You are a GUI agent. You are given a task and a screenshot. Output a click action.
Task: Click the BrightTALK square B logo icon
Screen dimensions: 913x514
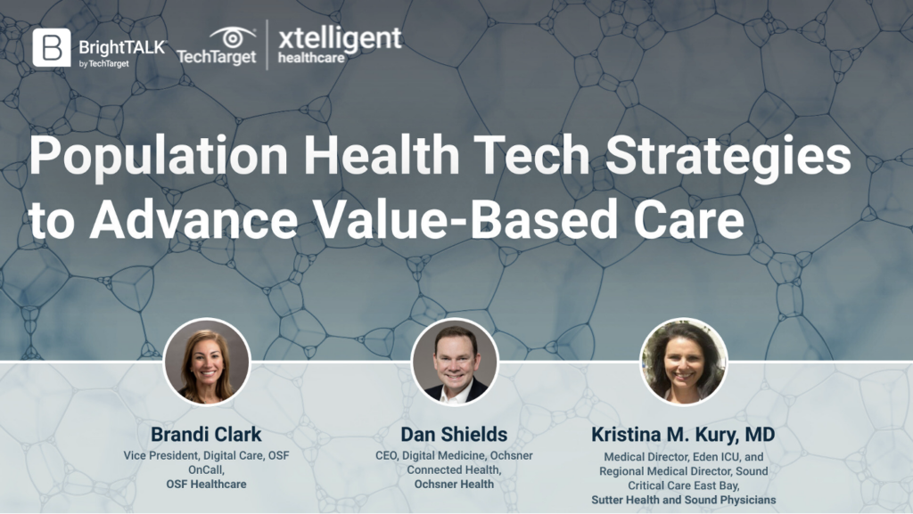click(51, 47)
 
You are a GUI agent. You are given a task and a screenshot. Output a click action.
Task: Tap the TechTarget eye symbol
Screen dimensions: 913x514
click(233, 37)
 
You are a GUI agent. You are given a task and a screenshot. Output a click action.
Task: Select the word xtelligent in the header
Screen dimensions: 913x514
click(340, 38)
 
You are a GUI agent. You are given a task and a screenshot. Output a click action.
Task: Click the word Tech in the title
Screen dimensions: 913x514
click(531, 155)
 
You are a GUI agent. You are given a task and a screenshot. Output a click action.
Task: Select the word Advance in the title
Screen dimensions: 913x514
click(193, 218)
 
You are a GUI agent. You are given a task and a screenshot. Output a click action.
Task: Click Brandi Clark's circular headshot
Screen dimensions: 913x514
click(207, 362)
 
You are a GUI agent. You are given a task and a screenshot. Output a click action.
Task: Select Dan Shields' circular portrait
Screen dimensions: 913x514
click(455, 362)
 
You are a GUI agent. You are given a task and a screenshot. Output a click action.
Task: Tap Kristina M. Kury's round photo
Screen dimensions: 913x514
click(683, 362)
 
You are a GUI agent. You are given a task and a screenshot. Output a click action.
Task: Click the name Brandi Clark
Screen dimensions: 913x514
click(206, 435)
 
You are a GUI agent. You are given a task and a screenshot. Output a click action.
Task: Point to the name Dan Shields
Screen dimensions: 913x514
click(454, 435)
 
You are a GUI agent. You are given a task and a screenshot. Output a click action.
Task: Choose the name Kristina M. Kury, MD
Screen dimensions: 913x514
click(683, 435)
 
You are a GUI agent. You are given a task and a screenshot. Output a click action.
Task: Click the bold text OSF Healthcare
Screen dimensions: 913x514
click(206, 484)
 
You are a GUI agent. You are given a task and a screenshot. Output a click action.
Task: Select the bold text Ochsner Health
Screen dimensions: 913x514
click(454, 484)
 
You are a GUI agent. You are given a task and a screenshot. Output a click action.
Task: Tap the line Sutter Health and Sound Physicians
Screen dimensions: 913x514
click(684, 500)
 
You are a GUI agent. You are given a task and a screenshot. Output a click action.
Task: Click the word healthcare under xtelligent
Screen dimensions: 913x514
click(311, 58)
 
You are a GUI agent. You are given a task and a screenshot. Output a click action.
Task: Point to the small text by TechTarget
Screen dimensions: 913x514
click(104, 63)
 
